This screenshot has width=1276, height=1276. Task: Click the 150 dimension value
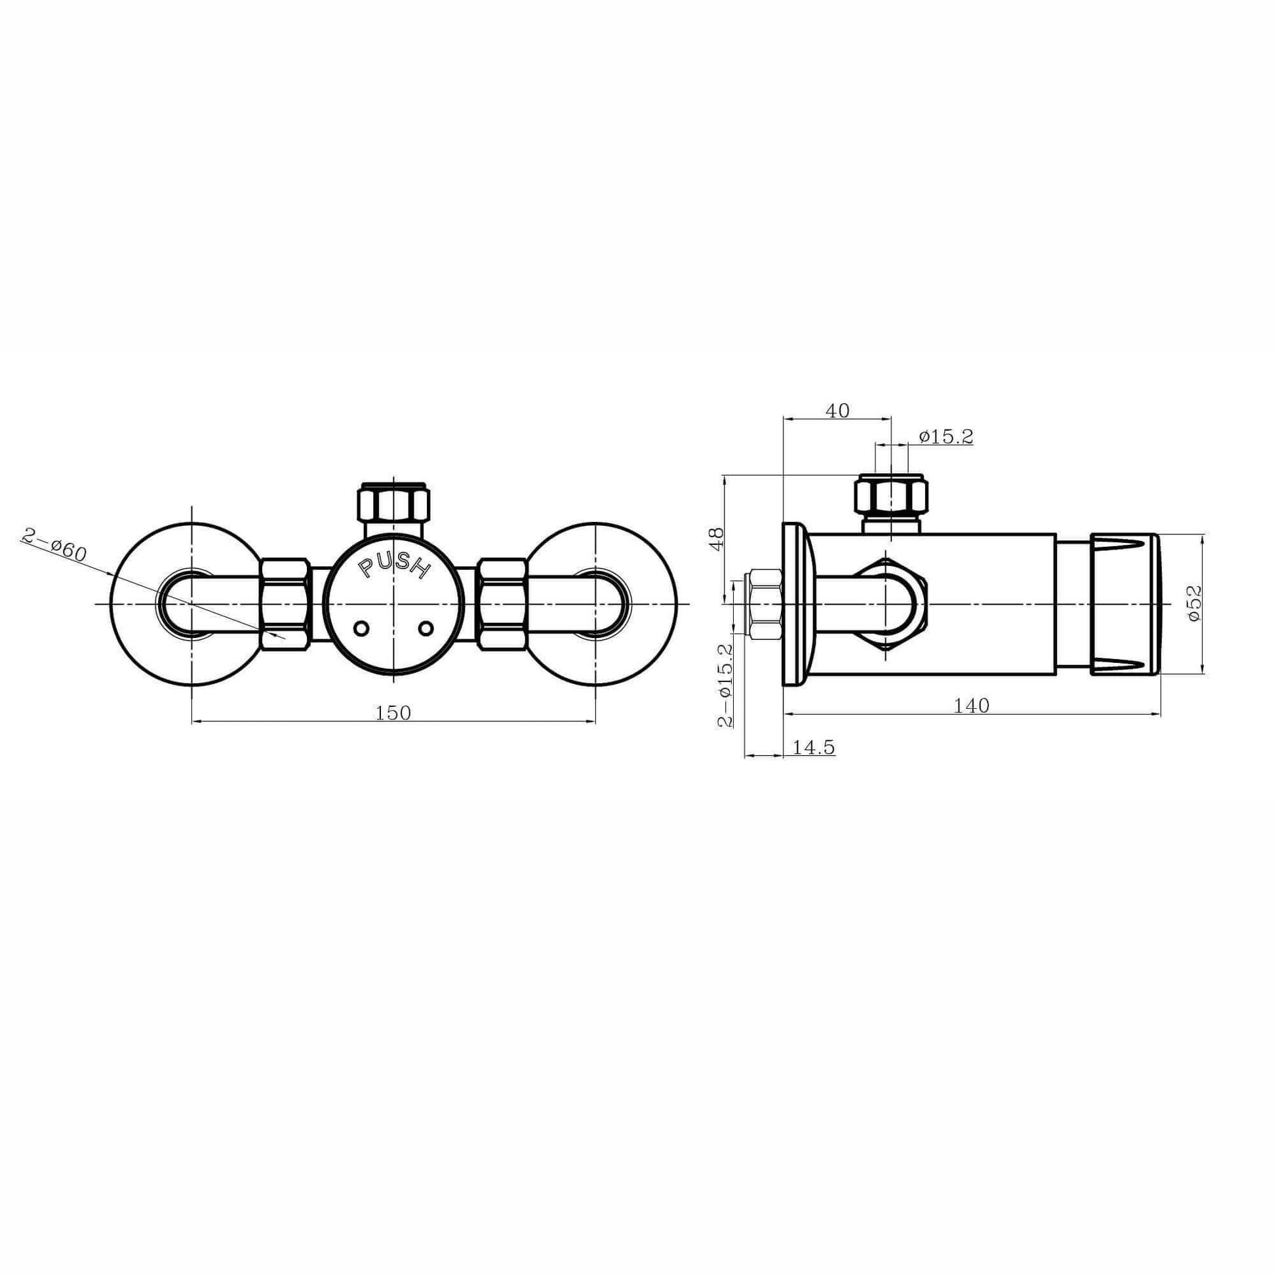click(393, 713)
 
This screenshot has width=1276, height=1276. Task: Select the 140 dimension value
click(972, 706)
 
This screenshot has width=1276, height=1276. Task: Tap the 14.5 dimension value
click(814, 748)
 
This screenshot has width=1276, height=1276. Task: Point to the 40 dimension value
click(837, 410)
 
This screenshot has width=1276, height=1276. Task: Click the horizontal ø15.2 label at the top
click(946, 437)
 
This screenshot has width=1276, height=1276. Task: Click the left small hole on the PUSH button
click(361, 629)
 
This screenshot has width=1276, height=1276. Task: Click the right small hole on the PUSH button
click(426, 628)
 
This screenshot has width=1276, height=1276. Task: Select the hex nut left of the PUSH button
click(285, 605)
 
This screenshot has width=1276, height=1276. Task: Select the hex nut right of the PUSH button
click(504, 605)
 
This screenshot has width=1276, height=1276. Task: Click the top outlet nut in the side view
click(892, 494)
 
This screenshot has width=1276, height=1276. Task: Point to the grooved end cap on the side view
click(1124, 604)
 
